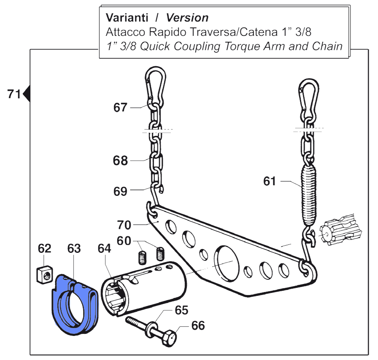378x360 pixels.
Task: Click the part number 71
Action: [14, 94]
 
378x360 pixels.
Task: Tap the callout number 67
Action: [120, 108]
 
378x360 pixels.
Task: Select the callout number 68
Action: [120, 161]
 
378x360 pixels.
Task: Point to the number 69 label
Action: [120, 191]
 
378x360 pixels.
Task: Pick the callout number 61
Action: [270, 181]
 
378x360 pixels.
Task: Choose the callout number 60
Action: [124, 241]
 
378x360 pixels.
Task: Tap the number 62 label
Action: [44, 249]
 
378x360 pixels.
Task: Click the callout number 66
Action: [198, 325]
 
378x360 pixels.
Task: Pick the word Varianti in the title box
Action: [127, 18]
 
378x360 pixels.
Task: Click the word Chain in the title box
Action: [327, 46]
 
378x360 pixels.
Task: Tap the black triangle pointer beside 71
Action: [27, 93]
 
